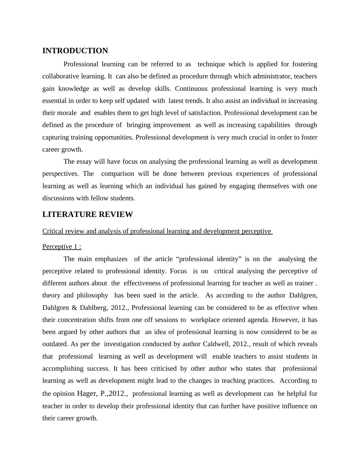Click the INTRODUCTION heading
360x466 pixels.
coord(75,51)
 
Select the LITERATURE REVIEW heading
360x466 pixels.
coord(87,215)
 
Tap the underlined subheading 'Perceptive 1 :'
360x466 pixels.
coord(62,247)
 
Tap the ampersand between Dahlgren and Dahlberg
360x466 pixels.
coord(74,308)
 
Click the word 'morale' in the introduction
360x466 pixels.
coord(67,113)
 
